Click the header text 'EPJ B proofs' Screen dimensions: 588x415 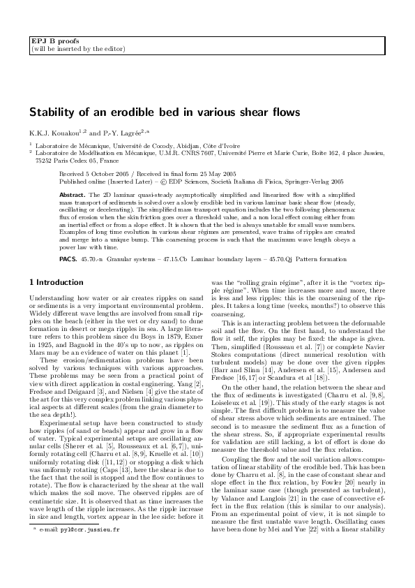point(50,42)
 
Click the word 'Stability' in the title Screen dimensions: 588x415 point(50,112)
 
